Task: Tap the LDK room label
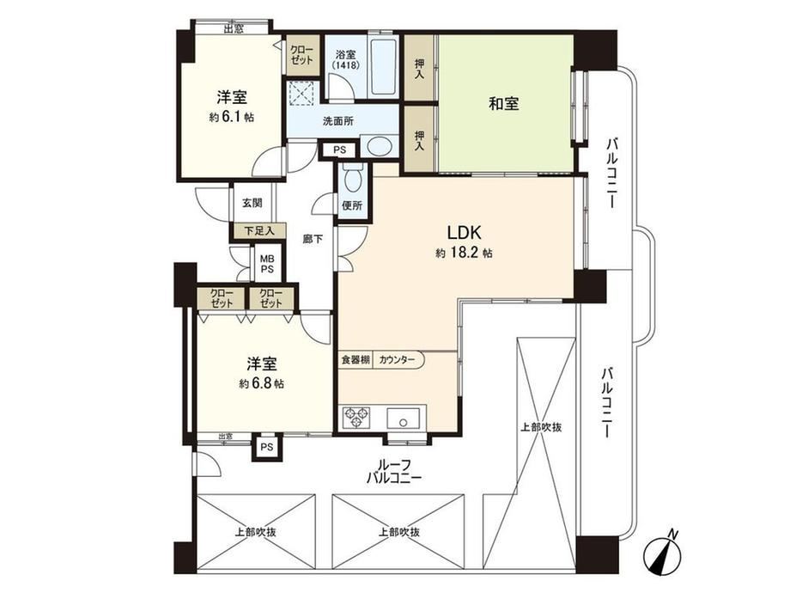(x=465, y=232)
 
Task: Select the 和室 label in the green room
(x=504, y=104)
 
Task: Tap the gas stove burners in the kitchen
(x=356, y=418)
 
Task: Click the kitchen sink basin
(x=403, y=419)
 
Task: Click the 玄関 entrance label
(x=252, y=203)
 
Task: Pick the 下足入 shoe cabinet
(x=259, y=231)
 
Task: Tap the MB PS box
(x=268, y=264)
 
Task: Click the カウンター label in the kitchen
(x=396, y=360)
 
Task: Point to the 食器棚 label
(x=355, y=360)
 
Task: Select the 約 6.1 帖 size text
(x=232, y=118)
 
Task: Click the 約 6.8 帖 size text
(x=262, y=384)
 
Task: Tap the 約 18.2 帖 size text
(x=464, y=254)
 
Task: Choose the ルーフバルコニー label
(x=393, y=472)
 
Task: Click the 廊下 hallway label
(x=313, y=240)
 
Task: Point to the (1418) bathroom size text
(x=345, y=65)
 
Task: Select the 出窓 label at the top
(x=234, y=28)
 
